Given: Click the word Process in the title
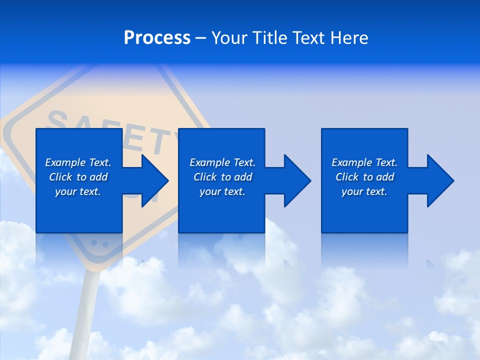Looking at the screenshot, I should pos(157,38).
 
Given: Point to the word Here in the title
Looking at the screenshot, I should pos(348,38).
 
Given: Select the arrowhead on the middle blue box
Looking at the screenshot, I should pos(296,180).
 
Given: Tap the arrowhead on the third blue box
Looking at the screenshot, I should pos(439,180).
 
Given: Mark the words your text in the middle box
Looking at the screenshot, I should pos(222,191).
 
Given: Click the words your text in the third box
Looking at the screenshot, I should pos(364,191).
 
